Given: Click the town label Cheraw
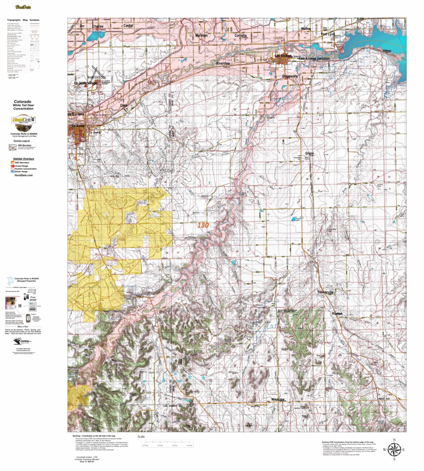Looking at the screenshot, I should tap(98, 27).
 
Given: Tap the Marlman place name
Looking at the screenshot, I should tap(202, 36).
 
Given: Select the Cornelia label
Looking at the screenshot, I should tap(241, 36).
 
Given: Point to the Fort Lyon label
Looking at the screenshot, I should tap(328, 34).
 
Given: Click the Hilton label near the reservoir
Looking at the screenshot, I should tap(387, 51).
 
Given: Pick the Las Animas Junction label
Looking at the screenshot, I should tap(314, 59).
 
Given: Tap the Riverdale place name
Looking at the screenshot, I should tap(223, 64).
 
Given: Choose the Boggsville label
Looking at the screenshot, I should tap(290, 76).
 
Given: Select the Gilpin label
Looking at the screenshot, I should tap(309, 154).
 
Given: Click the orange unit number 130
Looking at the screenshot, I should tap(203, 225).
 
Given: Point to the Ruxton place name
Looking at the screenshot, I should tap(337, 313).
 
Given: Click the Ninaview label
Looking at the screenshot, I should tap(278, 399).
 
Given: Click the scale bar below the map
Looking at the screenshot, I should tap(167, 443).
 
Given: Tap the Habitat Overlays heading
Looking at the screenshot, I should tap(24, 159).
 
